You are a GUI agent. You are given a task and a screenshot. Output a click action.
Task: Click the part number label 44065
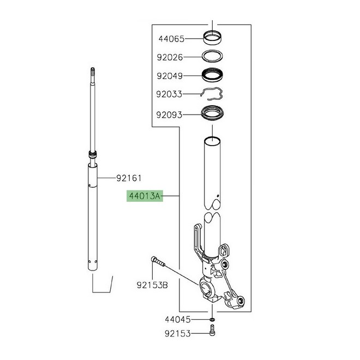[x=171, y=39]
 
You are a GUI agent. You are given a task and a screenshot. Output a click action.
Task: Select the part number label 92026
[x=171, y=57]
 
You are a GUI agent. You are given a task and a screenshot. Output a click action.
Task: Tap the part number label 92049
[x=171, y=76]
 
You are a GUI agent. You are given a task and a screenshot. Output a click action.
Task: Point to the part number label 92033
[x=171, y=94]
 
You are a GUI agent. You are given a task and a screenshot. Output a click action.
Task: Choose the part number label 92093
[x=171, y=115]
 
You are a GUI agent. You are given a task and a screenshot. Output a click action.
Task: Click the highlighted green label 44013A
[x=145, y=195]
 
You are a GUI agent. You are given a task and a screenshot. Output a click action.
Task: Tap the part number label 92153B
[x=152, y=285]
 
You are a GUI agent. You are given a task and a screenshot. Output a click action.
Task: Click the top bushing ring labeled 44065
[x=212, y=39]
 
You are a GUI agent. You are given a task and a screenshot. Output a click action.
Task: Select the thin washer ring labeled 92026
[x=212, y=57]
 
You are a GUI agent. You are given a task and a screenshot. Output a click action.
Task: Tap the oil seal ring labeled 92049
[x=212, y=75]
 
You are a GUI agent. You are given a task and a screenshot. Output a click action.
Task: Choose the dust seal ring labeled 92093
[x=212, y=115]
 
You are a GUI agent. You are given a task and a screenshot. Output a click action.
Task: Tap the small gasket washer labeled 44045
[x=212, y=319]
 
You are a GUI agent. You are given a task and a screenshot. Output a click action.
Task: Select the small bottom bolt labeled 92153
[x=212, y=331]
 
